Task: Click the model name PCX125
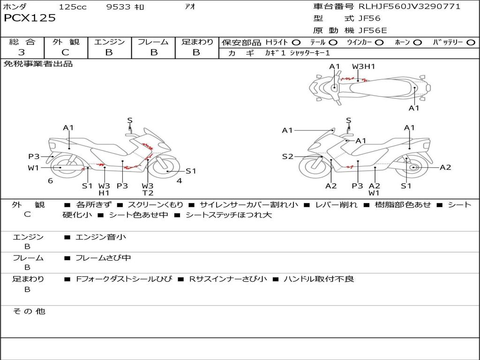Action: coord(30,18)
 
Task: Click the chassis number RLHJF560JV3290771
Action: coord(409,6)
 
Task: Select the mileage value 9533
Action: coord(119,7)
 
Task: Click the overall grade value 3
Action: coord(22,52)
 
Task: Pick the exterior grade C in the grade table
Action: coord(66,52)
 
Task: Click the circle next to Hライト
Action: coord(296,42)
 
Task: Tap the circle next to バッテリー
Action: coord(471,42)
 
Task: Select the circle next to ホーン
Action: coord(417,42)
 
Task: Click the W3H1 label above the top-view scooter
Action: coord(364,67)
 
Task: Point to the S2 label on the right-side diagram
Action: coord(287,157)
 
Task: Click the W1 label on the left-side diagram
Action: coord(33,168)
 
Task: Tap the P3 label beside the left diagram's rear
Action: coord(33,157)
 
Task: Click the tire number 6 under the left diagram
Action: coord(50,180)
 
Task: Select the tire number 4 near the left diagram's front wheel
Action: coord(179,180)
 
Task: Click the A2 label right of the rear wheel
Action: coord(445,167)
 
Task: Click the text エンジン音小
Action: coord(100,237)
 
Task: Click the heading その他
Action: coord(29,311)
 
